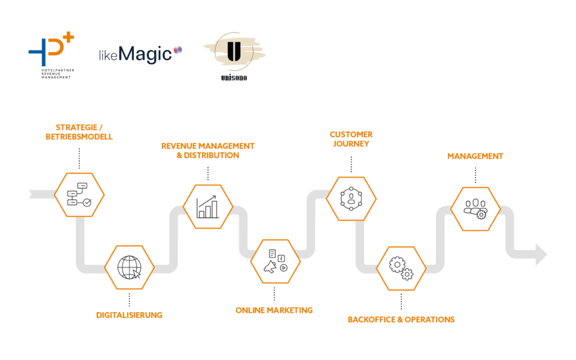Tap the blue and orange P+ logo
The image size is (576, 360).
pyautogui.click(x=49, y=55)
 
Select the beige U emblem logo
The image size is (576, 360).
pyautogui.click(x=233, y=56)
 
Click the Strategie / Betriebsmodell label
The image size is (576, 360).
pyautogui.click(x=79, y=132)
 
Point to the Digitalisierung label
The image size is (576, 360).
pyautogui.click(x=129, y=315)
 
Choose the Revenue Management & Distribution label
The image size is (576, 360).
pyautogui.click(x=208, y=151)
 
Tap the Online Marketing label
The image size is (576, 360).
pyautogui.click(x=274, y=310)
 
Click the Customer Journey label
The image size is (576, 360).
pyautogui.click(x=351, y=139)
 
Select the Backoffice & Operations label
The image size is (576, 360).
pyautogui.click(x=401, y=319)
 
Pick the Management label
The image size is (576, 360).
pyautogui.click(x=475, y=156)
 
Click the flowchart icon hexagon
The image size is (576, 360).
pyautogui.click(x=79, y=195)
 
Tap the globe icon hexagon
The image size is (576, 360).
pyautogui.click(x=129, y=267)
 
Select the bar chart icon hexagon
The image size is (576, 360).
pyautogui.click(x=208, y=206)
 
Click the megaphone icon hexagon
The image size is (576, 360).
pyautogui.click(x=275, y=261)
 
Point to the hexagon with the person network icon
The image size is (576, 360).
pyautogui.click(x=352, y=199)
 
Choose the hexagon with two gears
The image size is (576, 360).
pyautogui.click(x=401, y=268)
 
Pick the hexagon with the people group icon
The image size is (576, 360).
pyautogui.click(x=475, y=209)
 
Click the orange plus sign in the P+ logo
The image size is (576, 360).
pyautogui.click(x=69, y=38)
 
